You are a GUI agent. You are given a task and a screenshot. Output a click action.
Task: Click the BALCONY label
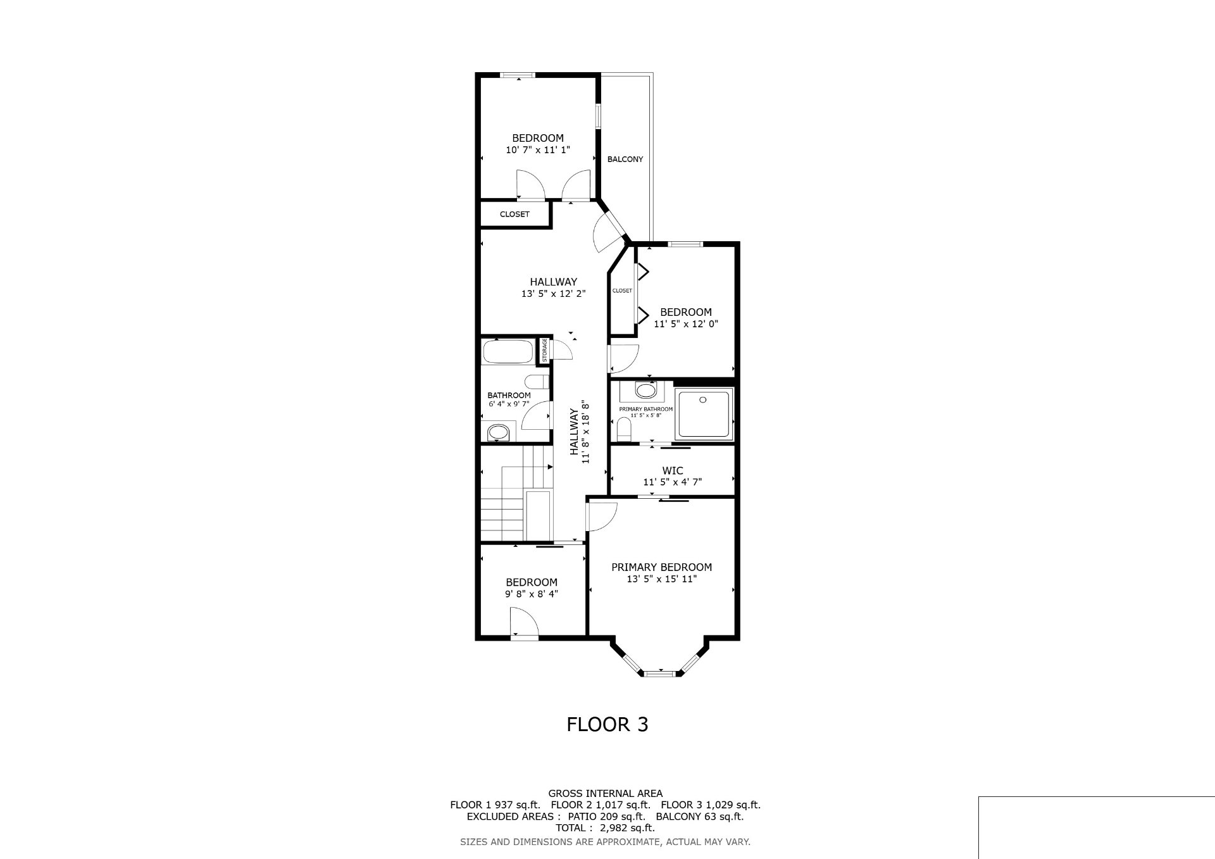(625, 160)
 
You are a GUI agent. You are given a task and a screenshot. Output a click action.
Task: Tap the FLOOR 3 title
(607, 724)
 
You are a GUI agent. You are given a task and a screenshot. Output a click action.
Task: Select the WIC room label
(672, 471)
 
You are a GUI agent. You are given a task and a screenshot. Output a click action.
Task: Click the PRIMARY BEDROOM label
(661, 567)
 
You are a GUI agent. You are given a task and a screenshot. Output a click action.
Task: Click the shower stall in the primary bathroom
(704, 414)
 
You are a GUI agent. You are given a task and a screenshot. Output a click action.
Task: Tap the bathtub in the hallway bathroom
(508, 352)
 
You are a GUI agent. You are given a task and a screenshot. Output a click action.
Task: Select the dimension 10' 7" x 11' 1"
(538, 150)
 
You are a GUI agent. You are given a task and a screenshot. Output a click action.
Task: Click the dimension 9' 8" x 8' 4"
(531, 594)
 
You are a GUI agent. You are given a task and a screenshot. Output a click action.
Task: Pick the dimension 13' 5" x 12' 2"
(553, 294)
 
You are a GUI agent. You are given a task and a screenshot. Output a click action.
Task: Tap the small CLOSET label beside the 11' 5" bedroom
(622, 291)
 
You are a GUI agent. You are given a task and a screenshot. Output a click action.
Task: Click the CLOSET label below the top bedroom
(514, 215)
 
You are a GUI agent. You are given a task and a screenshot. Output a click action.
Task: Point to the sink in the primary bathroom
(646, 390)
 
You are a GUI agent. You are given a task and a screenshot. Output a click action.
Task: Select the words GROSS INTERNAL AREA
(605, 793)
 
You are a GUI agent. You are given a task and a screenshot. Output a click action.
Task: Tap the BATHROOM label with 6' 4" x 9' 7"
(509, 396)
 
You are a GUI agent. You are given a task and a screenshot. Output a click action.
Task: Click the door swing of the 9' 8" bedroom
(523, 620)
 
